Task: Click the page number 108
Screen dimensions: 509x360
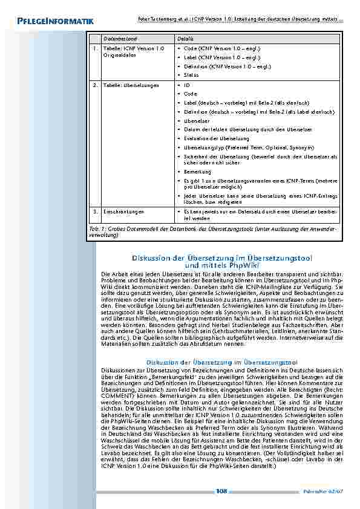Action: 221,490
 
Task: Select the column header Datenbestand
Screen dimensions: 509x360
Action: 118,37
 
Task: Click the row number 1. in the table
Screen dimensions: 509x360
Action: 95,48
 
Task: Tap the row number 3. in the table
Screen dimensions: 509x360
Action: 95,212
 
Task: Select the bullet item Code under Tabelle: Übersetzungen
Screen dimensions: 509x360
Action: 190,94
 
